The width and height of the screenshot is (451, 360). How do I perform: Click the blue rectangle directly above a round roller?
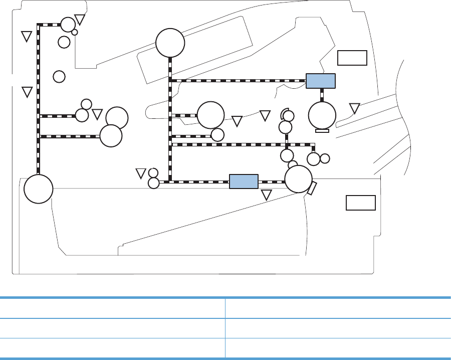pyautogui.click(x=320, y=81)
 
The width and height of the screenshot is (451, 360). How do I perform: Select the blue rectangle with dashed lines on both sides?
pyautogui.click(x=244, y=181)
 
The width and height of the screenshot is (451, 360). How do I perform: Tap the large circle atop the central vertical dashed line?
pyautogui.click(x=170, y=43)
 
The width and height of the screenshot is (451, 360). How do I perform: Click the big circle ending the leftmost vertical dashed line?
pyautogui.click(x=38, y=189)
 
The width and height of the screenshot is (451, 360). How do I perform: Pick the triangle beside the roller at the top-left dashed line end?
pyautogui.click(x=80, y=20)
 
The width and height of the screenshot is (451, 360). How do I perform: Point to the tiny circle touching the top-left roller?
pyautogui.click(x=75, y=32)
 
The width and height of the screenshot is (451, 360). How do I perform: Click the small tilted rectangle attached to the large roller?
pyautogui.click(x=312, y=189)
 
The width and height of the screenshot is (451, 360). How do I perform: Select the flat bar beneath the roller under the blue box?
pyautogui.click(x=322, y=130)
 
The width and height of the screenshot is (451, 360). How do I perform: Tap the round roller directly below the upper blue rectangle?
pyautogui.click(x=322, y=115)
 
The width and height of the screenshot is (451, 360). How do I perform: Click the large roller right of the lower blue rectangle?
pyautogui.click(x=299, y=179)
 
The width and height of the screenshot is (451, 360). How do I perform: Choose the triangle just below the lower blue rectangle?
pyautogui.click(x=267, y=195)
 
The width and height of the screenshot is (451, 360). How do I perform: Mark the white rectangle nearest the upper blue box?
pyautogui.click(x=352, y=58)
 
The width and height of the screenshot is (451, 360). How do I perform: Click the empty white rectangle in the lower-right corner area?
pyautogui.click(x=361, y=203)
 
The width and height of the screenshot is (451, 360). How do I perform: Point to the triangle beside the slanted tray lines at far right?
pyautogui.click(x=354, y=108)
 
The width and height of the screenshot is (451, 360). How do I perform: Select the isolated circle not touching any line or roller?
pyautogui.click(x=59, y=76)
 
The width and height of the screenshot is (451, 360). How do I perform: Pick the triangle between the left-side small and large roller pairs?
pyautogui.click(x=97, y=114)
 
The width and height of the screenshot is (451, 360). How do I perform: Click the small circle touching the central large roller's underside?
pyautogui.click(x=217, y=135)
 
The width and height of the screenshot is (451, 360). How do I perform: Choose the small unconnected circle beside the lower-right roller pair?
pyautogui.click(x=325, y=158)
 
